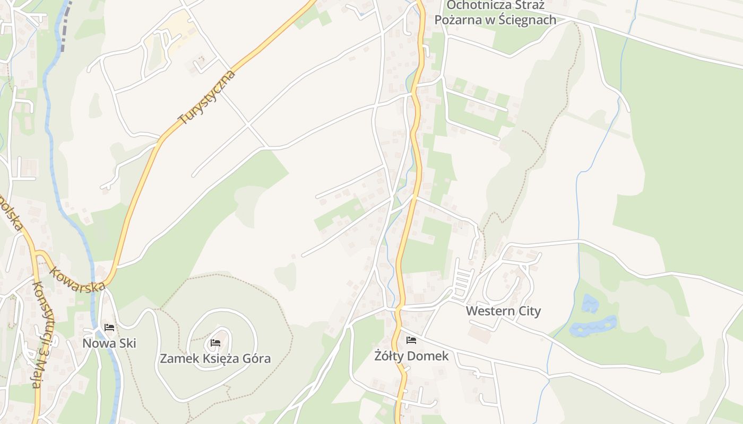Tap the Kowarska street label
pyautogui.click(x=77, y=279)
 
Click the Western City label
pyautogui.click(x=503, y=311)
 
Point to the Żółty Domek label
pyautogui.click(x=411, y=356)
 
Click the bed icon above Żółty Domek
pyautogui.click(x=411, y=340)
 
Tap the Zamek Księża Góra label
pyautogui.click(x=215, y=358)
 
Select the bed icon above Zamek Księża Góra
pyautogui.click(x=215, y=343)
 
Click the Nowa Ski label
pyautogui.click(x=109, y=343)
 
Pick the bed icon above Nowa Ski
pyautogui.click(x=109, y=328)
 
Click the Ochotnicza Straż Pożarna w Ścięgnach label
pyautogui.click(x=495, y=13)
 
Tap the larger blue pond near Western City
pyautogui.click(x=593, y=326)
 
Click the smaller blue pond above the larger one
pyautogui.click(x=590, y=303)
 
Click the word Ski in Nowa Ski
pyautogui.click(x=127, y=343)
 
